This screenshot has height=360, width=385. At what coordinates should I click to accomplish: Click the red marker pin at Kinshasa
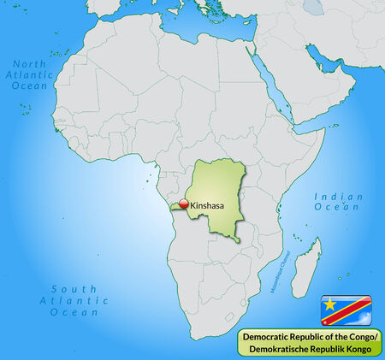point(183,204)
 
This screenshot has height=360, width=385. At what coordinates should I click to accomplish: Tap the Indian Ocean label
point(337,201)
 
